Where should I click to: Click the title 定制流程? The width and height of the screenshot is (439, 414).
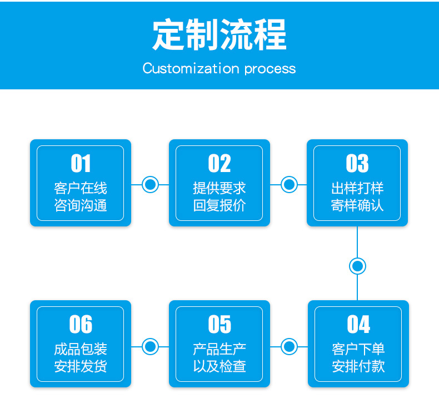click(219, 34)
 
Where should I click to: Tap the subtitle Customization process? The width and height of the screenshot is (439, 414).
click(219, 69)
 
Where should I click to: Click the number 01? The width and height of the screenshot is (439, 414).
click(81, 163)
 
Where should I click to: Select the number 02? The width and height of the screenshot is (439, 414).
click(219, 163)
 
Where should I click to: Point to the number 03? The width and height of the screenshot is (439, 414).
click(357, 163)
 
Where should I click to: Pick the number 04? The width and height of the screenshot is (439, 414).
click(358, 324)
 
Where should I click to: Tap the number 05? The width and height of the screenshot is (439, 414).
click(219, 324)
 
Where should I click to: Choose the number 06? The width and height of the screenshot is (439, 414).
click(81, 324)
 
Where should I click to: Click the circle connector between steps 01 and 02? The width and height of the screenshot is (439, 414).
click(151, 184)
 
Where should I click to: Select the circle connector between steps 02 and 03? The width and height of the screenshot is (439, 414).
click(289, 184)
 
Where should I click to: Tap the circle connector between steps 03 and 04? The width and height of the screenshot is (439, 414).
click(357, 266)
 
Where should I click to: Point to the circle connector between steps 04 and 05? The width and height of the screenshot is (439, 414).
click(289, 346)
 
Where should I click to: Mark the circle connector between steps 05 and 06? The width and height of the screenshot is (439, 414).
click(151, 346)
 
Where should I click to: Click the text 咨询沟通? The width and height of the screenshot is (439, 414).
click(81, 205)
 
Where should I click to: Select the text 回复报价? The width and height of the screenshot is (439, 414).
click(219, 205)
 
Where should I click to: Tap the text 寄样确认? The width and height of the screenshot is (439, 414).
click(357, 205)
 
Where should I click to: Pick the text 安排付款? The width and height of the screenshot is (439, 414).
click(358, 366)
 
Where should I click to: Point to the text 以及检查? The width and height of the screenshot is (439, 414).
click(219, 366)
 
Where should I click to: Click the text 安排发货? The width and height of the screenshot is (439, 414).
click(81, 366)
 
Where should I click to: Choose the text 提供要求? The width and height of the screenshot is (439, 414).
click(219, 188)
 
